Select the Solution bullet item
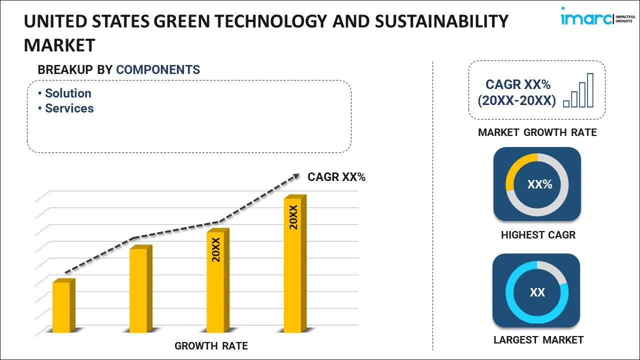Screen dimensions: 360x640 click(68, 93)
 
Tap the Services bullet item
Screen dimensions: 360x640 click(69, 108)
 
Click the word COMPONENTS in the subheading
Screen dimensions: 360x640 click(158, 70)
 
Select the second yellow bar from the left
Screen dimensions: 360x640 click(138, 289)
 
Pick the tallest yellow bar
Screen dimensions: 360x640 click(293, 264)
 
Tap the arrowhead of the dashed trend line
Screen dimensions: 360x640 click(296, 175)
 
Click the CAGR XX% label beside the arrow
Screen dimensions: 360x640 click(336, 177)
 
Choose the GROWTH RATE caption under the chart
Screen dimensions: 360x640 click(211, 346)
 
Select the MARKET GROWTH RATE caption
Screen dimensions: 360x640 click(537, 132)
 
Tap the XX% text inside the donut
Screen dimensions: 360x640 click(539, 184)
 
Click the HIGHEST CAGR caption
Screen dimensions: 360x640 click(538, 235)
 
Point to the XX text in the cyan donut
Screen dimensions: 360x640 click(537, 292)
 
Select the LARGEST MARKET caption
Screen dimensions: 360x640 click(538, 340)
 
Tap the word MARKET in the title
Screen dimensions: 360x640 click(59, 45)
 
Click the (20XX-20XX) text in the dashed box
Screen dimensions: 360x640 click(516, 101)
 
